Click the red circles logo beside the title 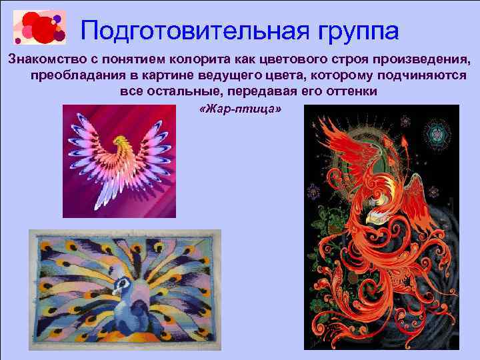39,27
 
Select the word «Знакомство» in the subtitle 47,59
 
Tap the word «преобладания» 73,75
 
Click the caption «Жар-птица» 241,108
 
